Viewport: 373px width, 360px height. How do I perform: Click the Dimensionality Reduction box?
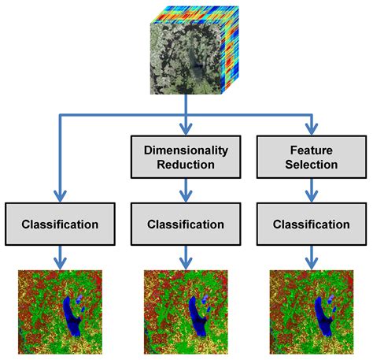[185, 157]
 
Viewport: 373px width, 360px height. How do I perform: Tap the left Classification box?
[60, 225]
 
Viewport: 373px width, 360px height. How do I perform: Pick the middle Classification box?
[186, 225]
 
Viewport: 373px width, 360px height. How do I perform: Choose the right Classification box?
[311, 225]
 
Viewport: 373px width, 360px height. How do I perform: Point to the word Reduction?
[186, 165]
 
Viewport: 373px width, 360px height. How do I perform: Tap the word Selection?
[311, 165]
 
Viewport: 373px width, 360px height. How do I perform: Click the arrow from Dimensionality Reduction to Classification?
[186, 190]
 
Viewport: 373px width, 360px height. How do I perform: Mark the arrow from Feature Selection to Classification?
[311, 190]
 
